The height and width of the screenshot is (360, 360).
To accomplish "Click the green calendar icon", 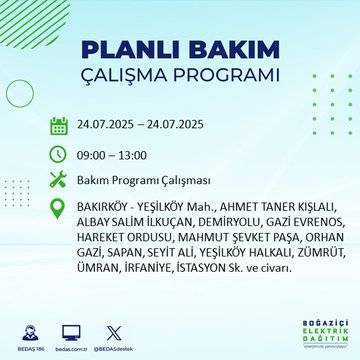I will [x=59, y=126].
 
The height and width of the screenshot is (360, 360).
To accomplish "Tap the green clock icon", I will [x=59, y=155].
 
